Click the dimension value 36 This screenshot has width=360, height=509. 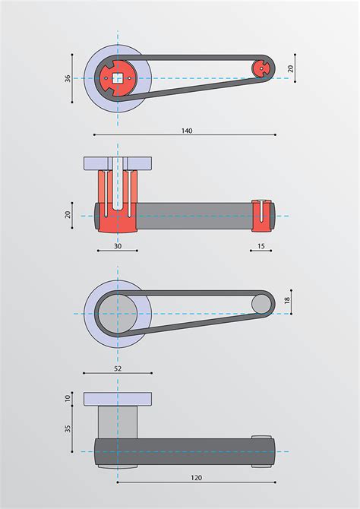coord(68,78)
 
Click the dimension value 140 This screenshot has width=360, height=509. coord(187,131)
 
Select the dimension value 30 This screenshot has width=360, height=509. coord(118,245)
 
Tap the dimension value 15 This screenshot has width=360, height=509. coord(261,245)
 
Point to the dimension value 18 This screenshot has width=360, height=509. coord(287,301)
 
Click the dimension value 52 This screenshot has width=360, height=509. coord(117,368)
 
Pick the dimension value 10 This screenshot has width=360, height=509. coord(68,399)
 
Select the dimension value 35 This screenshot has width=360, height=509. coord(68,428)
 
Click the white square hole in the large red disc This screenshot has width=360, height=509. coord(118,77)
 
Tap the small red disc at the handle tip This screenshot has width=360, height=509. coord(261,68)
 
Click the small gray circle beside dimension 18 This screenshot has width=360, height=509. coord(261,305)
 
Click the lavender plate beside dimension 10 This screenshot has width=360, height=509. coord(117,399)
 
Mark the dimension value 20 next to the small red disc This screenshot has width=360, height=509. coord(289,68)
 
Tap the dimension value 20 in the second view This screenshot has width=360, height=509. coord(68,215)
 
